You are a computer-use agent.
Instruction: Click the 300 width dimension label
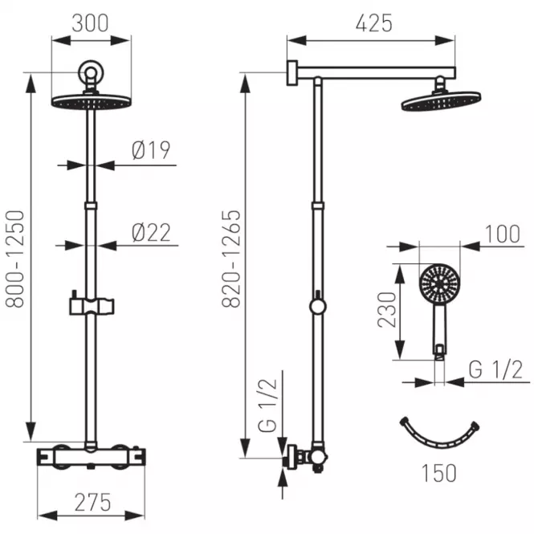pos(90,23)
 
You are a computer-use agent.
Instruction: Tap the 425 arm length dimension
pos(374,23)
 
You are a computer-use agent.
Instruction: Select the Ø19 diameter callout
pos(151,150)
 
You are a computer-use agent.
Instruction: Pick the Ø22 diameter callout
pos(151,233)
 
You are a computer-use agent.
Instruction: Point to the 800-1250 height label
pos(15,259)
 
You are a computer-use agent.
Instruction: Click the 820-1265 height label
pos(231,259)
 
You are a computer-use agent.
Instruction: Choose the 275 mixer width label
pos(92,502)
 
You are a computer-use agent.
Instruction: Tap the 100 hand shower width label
pos(503,234)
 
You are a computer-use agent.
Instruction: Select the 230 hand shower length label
pos(387,310)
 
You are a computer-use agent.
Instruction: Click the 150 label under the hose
pos(439,473)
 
